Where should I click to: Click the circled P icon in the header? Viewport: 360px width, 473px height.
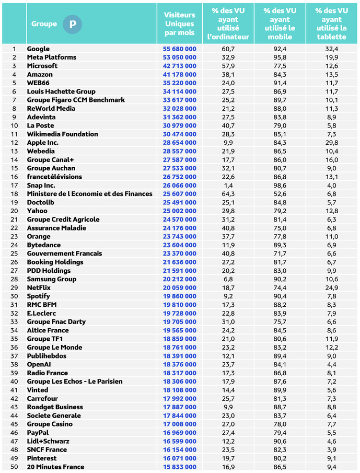[73, 24]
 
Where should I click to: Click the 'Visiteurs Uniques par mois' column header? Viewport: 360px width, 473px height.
[179, 24]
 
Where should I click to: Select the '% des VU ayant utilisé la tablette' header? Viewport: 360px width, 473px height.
[332, 24]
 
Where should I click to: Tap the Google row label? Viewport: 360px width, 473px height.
[38, 49]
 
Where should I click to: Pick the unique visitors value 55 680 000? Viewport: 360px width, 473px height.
[179, 49]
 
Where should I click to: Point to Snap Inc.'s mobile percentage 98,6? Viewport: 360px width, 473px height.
[280, 185]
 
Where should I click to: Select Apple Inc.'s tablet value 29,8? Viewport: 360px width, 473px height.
[332, 143]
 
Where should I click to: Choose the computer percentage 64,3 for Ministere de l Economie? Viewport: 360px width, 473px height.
[228, 194]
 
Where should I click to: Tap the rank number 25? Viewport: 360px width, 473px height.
[14, 253]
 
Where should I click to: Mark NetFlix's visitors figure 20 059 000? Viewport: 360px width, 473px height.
[179, 287]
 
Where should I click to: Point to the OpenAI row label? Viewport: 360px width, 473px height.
[39, 364]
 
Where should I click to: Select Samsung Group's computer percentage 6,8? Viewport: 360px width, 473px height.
[228, 279]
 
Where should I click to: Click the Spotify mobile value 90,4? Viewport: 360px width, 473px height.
[280, 296]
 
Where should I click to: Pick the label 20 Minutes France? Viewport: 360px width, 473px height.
[55, 467]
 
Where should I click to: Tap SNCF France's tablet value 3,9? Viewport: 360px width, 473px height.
[332, 449]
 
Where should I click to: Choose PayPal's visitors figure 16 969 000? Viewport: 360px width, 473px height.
[179, 433]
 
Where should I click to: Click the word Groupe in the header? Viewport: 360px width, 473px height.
[44, 24]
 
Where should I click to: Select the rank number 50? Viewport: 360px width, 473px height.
[14, 467]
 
